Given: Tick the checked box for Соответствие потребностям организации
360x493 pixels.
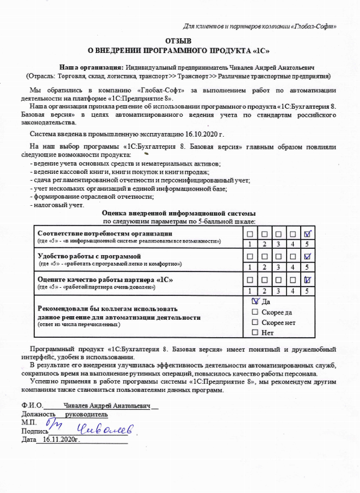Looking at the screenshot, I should click(308, 233).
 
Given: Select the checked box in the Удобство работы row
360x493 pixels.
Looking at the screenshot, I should click(308, 256).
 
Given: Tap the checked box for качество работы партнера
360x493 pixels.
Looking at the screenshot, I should click(308, 280).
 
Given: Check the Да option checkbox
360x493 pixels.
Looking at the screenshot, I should click(255, 302).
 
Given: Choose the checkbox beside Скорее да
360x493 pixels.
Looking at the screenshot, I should click(255, 312).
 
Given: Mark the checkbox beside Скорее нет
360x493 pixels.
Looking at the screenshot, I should click(255, 322).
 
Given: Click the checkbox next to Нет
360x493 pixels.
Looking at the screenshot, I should click(255, 333).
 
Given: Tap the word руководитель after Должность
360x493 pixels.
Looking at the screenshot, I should click(87, 415).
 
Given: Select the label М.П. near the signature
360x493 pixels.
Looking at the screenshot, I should click(28, 423).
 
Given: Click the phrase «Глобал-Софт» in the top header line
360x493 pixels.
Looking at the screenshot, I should click(316, 26).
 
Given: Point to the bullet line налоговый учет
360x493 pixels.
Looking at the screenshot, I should click(56, 205).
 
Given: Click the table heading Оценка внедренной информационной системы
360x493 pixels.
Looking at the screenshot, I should click(179, 213).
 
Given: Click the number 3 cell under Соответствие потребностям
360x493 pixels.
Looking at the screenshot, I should click(279, 244).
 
